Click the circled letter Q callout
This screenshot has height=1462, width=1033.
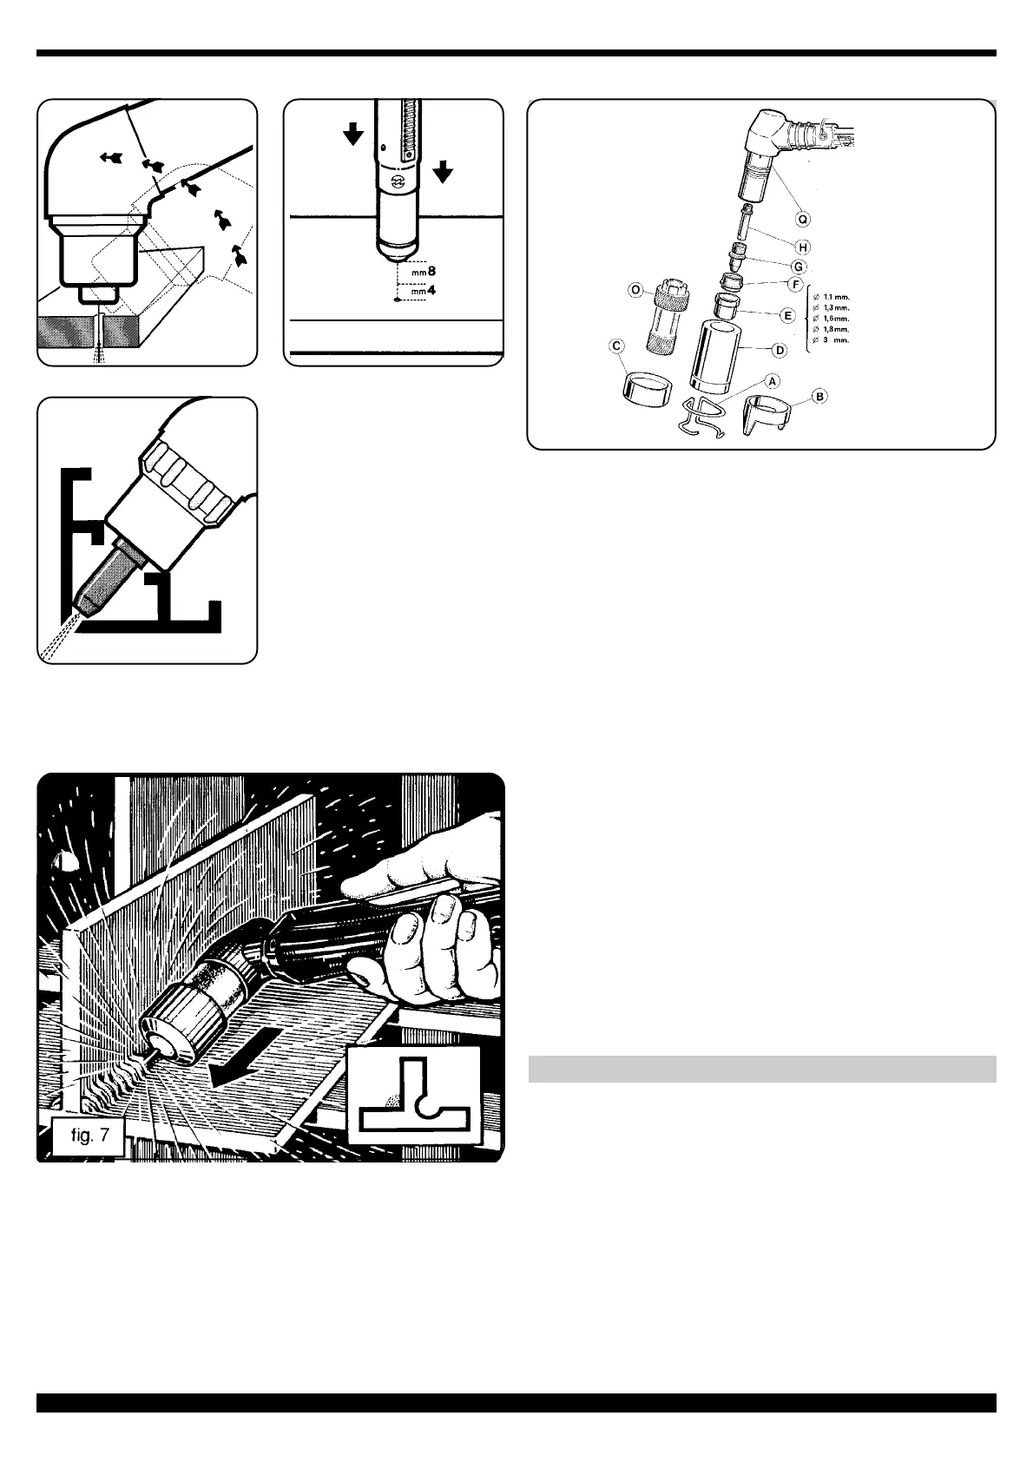tap(803, 220)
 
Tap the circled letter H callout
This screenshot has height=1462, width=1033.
tap(803, 248)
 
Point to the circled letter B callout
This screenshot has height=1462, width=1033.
tap(819, 397)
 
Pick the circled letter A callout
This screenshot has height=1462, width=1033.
tap(771, 379)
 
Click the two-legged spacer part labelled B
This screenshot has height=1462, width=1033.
tap(765, 416)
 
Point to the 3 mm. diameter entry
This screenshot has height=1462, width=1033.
tap(831, 340)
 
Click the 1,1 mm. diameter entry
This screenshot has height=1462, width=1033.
tap(831, 298)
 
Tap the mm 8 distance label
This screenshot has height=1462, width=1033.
tap(424, 272)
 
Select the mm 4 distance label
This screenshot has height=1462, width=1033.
tap(424, 291)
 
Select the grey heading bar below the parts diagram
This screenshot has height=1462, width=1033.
tap(761, 1069)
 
